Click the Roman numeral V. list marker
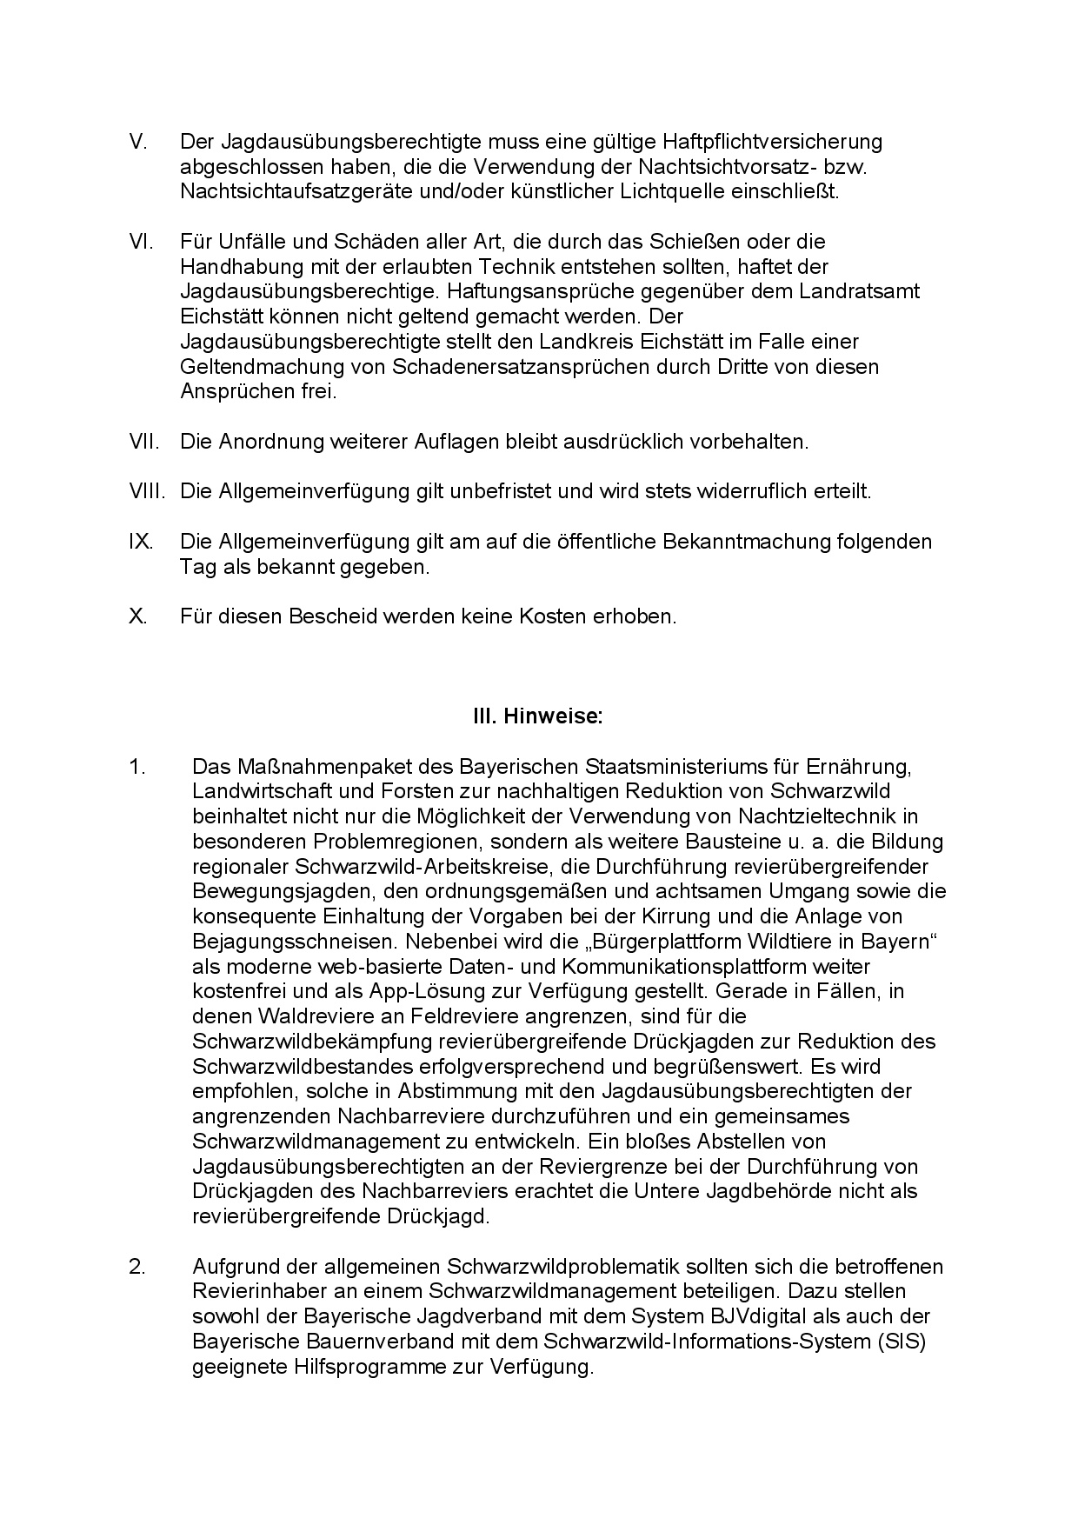(x=138, y=142)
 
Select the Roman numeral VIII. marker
(x=147, y=491)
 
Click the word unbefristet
(x=499, y=491)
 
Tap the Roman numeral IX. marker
(x=141, y=542)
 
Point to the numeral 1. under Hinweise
(x=136, y=767)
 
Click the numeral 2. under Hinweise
(x=137, y=1267)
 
